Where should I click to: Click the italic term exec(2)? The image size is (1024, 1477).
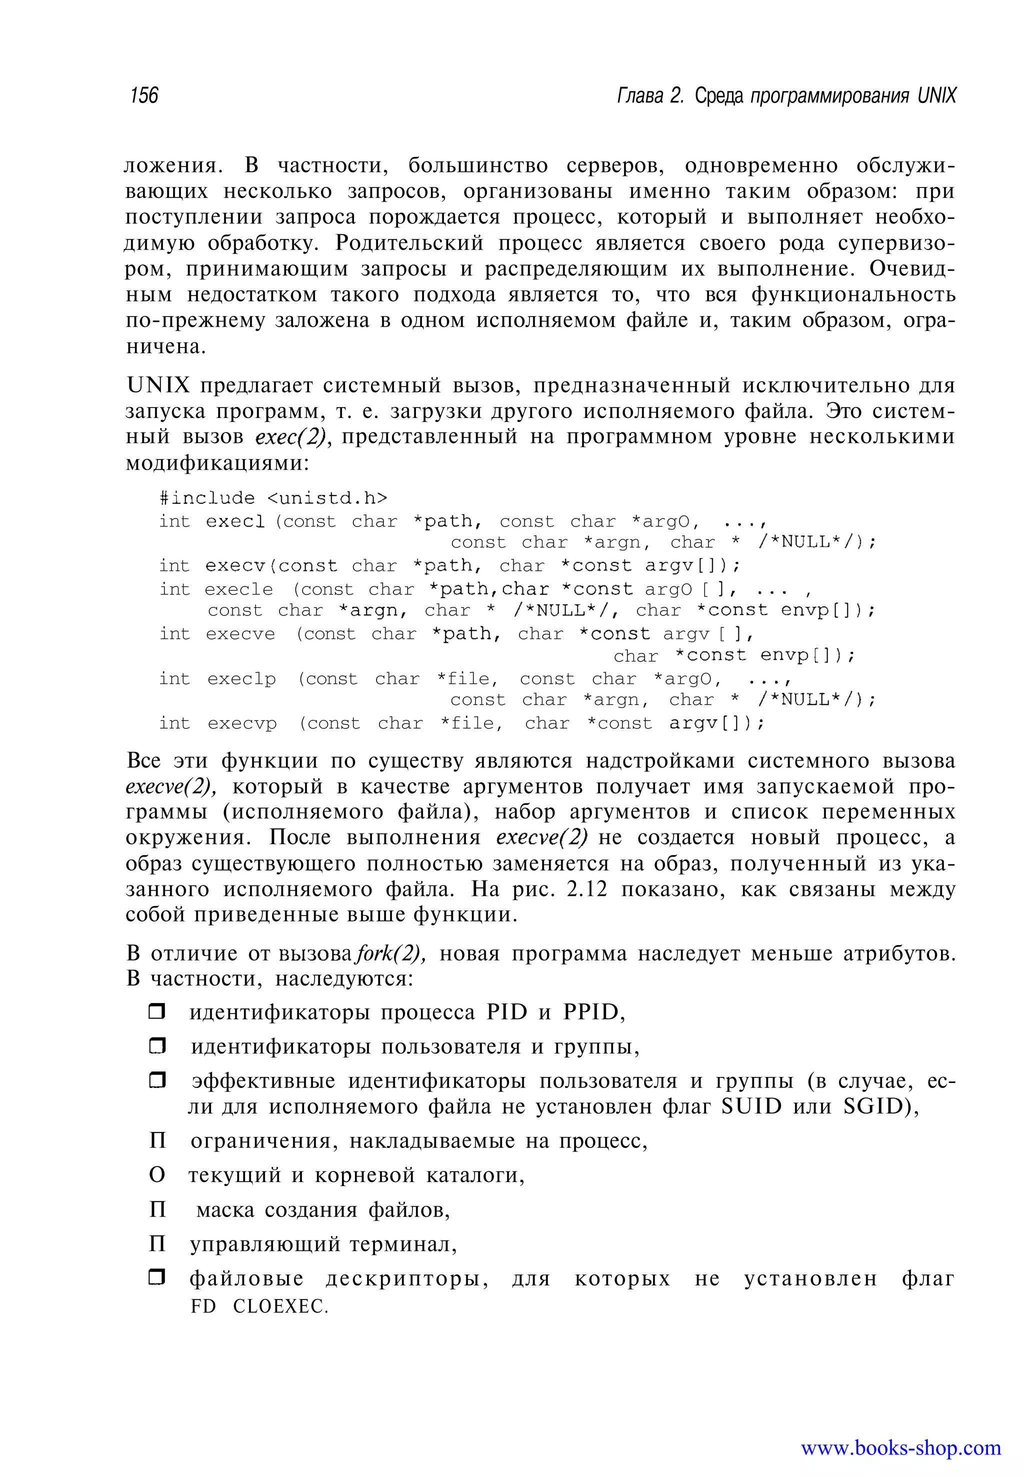[292, 437]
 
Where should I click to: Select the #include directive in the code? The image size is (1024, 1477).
[207, 498]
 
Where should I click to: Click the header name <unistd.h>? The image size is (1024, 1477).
[326, 498]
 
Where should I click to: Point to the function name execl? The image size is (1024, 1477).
[235, 521]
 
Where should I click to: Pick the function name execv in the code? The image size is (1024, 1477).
[235, 566]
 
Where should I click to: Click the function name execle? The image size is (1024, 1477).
[238, 589]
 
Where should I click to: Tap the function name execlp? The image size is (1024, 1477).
[241, 679]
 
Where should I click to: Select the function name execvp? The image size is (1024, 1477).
[242, 723]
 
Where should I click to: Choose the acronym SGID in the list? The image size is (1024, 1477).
[872, 1107]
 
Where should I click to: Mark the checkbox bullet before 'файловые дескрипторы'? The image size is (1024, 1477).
[157, 1278]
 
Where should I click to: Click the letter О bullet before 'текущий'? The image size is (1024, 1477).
[157, 1175]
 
